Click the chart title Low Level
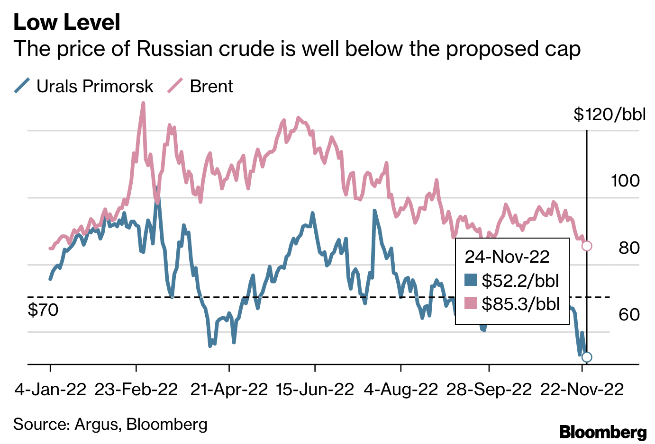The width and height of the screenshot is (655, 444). click(x=67, y=22)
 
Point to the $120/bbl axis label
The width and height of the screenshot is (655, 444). click(x=609, y=114)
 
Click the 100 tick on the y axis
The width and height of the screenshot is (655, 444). click(x=625, y=180)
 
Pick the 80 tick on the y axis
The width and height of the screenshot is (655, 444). click(x=629, y=248)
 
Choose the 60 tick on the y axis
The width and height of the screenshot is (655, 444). click(x=629, y=314)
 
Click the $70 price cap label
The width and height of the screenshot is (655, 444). click(x=43, y=310)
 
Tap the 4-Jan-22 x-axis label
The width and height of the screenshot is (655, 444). click(x=50, y=390)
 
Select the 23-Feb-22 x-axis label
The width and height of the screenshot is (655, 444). click(x=136, y=390)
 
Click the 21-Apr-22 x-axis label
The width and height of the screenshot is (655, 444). click(x=229, y=390)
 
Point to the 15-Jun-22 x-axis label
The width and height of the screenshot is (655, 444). click(x=315, y=390)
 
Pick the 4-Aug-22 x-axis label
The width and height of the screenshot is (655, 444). click(x=401, y=390)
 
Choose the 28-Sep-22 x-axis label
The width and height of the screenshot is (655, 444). click(x=489, y=390)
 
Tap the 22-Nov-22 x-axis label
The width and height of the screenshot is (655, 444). click(x=582, y=390)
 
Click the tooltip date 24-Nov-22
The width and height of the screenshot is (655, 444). click(x=507, y=257)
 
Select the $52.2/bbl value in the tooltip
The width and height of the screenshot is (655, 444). click(x=520, y=281)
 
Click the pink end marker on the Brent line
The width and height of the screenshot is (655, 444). click(x=587, y=246)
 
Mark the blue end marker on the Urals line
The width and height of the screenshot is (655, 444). click(x=587, y=357)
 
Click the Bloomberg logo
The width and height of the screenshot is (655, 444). click(x=602, y=432)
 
